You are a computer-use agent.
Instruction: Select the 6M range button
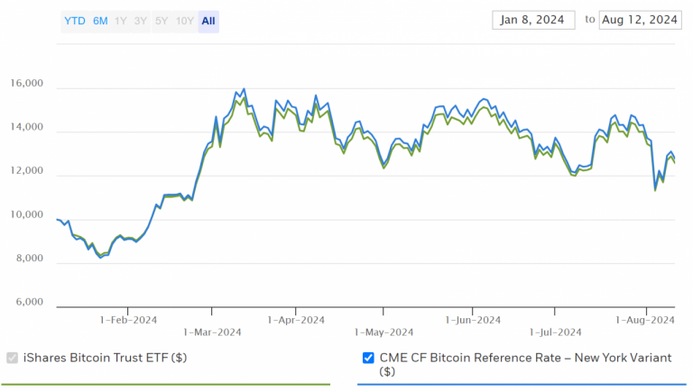point(99,21)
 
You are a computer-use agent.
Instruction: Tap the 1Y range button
point(121,21)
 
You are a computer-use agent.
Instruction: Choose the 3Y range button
point(140,21)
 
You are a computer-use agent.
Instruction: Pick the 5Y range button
point(161,21)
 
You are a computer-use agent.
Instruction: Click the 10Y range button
point(184,21)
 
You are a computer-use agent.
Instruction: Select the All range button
point(208,21)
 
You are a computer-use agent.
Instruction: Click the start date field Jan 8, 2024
point(533,20)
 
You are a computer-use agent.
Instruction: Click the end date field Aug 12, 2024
point(640,20)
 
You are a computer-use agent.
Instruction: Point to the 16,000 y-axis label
point(25,85)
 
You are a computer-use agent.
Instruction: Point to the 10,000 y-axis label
point(25,215)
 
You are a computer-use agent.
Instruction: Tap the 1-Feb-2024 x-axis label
point(128,319)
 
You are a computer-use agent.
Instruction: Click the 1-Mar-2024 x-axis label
point(212,332)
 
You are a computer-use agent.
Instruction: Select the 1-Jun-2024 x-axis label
point(473,319)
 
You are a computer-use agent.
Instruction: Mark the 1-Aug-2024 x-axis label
point(645,319)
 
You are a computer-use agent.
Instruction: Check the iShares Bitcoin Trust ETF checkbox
point(13,358)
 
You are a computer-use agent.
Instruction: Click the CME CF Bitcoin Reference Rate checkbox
point(368,358)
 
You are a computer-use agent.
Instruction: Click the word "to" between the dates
point(590,19)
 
